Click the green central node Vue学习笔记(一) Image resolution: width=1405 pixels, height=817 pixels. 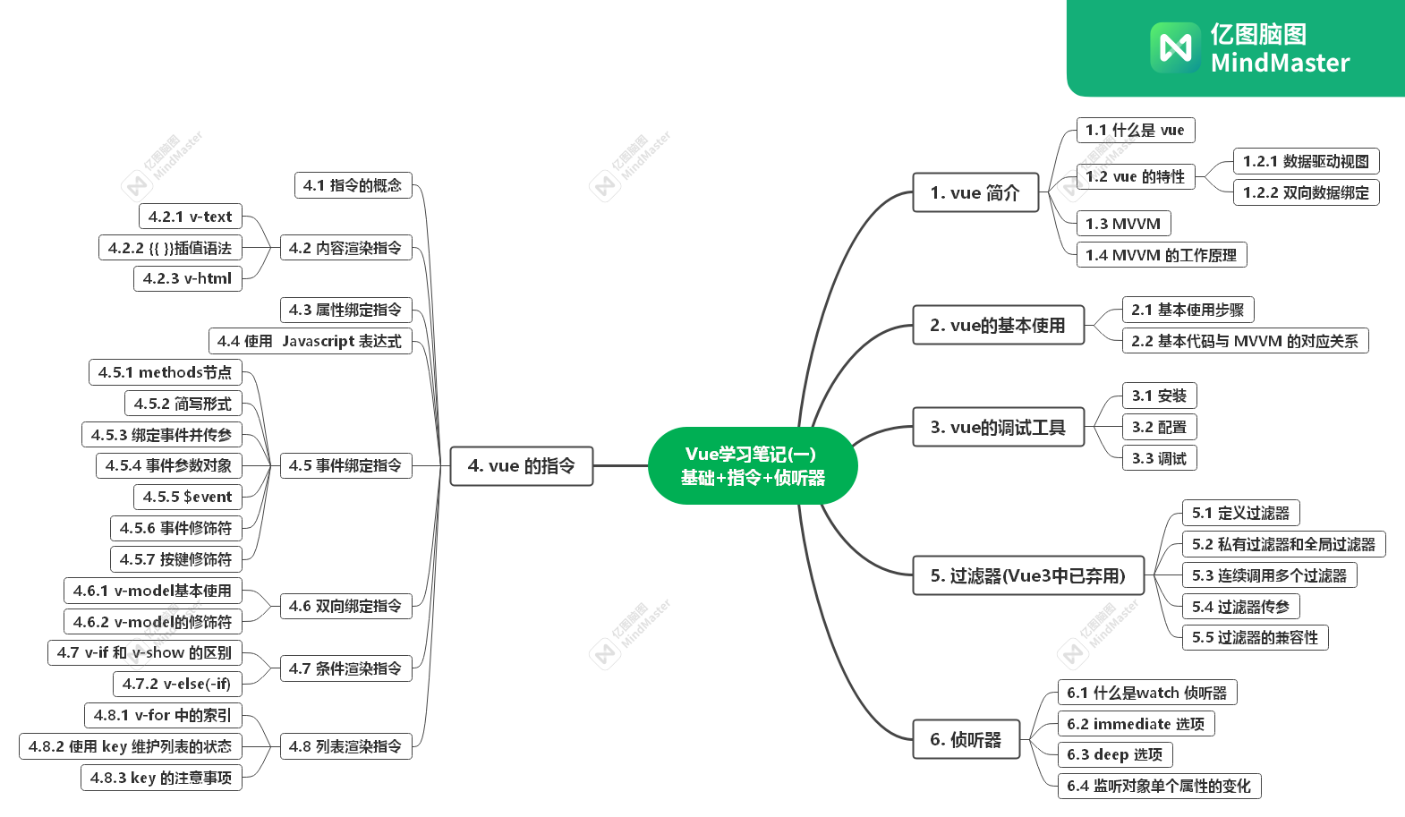pyautogui.click(x=753, y=465)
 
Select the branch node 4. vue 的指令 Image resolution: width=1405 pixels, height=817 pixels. pyautogui.click(x=521, y=466)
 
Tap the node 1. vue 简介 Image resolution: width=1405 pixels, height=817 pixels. pyautogui.click(x=975, y=192)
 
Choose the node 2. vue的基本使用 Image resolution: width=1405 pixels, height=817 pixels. pyautogui.click(x=998, y=325)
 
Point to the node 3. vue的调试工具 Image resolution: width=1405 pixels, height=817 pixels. pyautogui.click(x=998, y=427)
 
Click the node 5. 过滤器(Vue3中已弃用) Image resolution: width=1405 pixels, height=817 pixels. pyautogui.click(x=1028, y=575)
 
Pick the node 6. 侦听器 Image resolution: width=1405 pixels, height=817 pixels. pyautogui.click(x=966, y=739)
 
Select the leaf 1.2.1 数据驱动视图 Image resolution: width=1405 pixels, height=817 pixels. pyautogui.click(x=1306, y=161)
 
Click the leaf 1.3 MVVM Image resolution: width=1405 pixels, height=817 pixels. pyautogui.click(x=1123, y=224)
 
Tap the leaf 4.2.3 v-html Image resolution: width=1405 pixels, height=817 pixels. pyautogui.click(x=187, y=278)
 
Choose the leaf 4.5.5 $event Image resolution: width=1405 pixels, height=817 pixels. pyautogui.click(x=187, y=497)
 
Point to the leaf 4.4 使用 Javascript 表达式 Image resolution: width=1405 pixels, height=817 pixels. pyautogui.click(x=310, y=341)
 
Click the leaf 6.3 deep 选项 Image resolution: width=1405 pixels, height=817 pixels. pyautogui.click(x=1115, y=754)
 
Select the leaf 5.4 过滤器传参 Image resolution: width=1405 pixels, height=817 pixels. pyautogui.click(x=1240, y=607)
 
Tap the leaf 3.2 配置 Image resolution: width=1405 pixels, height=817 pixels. pyautogui.click(x=1159, y=427)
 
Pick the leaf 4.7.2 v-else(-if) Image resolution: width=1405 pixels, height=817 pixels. pyautogui.click(x=176, y=684)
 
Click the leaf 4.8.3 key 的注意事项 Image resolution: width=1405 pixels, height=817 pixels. pyautogui.click(x=161, y=778)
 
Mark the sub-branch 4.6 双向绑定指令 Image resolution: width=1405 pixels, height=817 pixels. pyautogui.click(x=345, y=606)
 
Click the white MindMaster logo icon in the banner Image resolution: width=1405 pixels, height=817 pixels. pyautogui.click(x=1175, y=47)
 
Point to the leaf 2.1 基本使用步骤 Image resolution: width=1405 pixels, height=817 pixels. pyautogui.click(x=1188, y=310)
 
